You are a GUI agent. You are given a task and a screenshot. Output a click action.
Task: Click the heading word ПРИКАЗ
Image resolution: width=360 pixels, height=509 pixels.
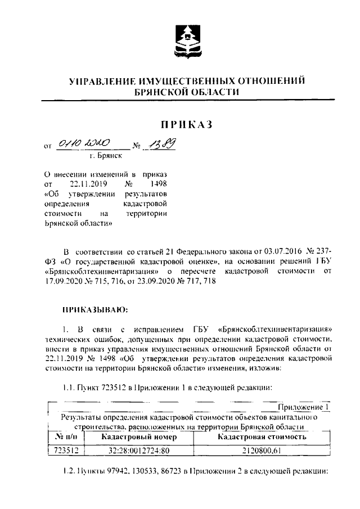pos(186,124)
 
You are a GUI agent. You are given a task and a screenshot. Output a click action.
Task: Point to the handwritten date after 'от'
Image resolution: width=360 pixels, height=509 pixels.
pos(83,145)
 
